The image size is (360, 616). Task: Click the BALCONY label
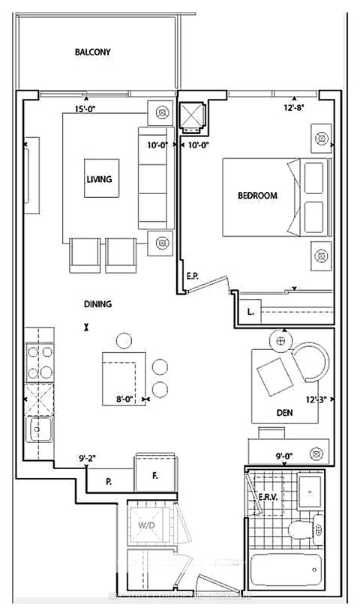92,52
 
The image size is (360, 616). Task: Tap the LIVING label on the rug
99,179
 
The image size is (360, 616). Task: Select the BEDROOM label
257,196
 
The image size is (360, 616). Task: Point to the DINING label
97,304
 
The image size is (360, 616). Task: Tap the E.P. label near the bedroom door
192,277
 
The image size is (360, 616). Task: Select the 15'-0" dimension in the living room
85,110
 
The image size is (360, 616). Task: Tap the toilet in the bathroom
303,530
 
